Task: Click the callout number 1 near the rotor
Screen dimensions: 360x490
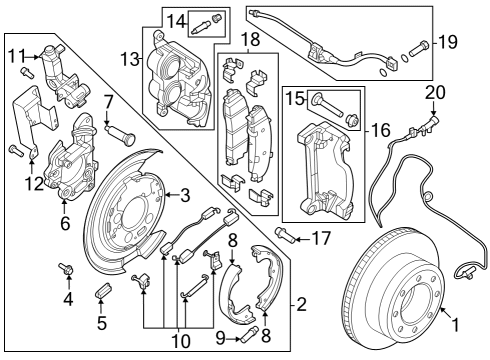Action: pos(455,324)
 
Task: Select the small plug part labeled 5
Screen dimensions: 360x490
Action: pos(100,291)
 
